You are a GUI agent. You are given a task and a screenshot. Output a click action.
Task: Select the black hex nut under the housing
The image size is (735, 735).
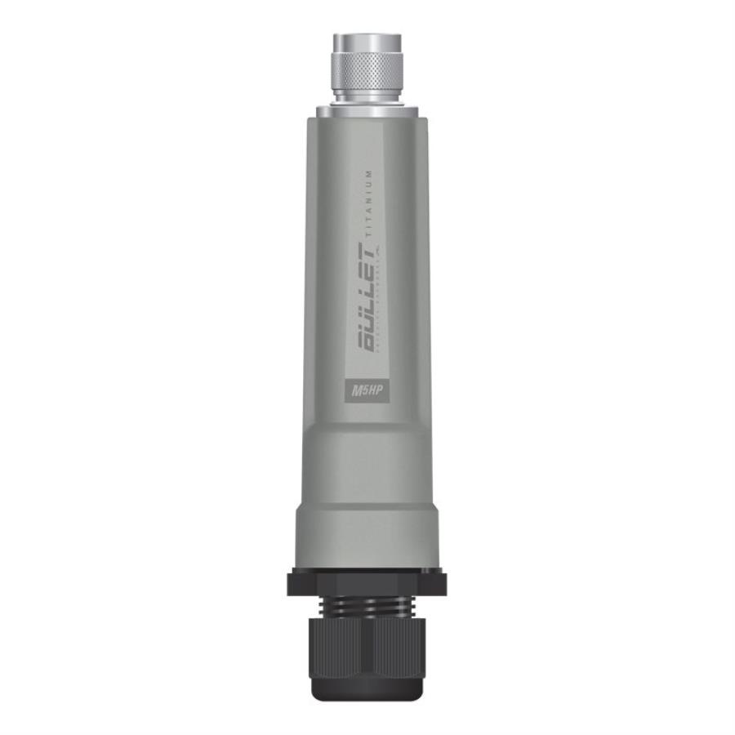pos(367,582)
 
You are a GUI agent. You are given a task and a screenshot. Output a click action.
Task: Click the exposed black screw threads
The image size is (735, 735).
pos(367,606)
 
